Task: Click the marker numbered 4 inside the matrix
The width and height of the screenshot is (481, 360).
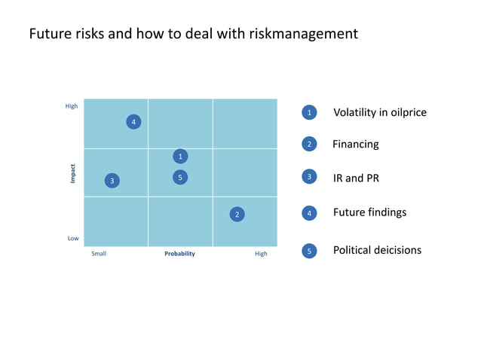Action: click(x=133, y=122)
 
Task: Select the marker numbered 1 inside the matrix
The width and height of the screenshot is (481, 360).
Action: click(x=180, y=156)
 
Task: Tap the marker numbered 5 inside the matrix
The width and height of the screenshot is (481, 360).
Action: click(x=180, y=177)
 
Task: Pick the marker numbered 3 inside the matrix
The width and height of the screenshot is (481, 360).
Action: click(x=112, y=181)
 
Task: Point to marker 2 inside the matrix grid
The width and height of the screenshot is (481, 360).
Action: click(x=237, y=215)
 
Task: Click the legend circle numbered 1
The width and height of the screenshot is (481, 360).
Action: click(x=309, y=112)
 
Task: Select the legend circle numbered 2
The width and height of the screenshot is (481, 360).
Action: click(x=309, y=144)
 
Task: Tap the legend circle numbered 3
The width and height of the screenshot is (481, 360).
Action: click(x=309, y=177)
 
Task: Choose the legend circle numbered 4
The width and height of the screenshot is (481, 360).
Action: click(x=309, y=213)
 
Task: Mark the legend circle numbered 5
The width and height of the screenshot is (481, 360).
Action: click(x=309, y=251)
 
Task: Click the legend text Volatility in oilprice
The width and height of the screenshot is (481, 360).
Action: click(x=380, y=112)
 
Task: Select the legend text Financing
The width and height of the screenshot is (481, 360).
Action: click(x=356, y=144)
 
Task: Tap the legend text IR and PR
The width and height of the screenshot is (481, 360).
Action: click(x=357, y=178)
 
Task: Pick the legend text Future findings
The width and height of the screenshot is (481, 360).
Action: click(x=369, y=212)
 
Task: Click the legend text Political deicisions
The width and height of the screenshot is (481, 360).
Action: click(x=377, y=250)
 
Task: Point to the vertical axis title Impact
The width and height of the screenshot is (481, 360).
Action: click(x=73, y=173)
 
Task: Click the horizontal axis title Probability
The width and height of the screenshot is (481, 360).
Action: click(x=179, y=254)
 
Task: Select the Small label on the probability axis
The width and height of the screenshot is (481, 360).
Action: click(x=99, y=254)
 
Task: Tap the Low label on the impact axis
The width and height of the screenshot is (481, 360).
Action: click(x=73, y=238)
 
